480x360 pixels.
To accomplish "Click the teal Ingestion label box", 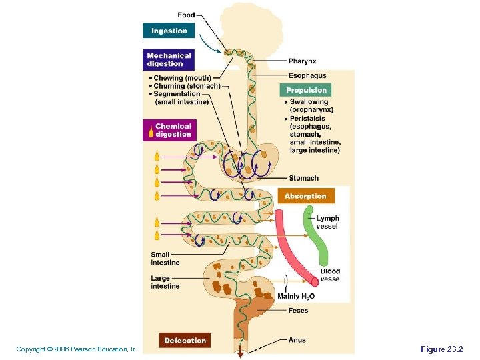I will click(169, 31).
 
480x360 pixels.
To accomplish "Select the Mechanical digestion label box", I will click(169, 60).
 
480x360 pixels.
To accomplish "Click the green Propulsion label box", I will click(305, 90).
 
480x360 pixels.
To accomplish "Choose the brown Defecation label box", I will click(185, 340).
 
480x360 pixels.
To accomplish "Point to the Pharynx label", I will click(302, 61).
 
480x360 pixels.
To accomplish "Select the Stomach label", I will click(303, 178).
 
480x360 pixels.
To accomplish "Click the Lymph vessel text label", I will click(327, 222).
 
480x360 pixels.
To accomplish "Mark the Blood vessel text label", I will click(331, 275).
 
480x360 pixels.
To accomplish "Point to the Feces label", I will click(298, 311).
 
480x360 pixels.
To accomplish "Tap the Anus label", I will click(297, 340).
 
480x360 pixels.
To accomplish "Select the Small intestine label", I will click(165, 259).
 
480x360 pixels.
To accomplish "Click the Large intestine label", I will click(165, 282).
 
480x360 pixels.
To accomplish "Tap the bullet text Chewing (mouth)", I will click(181, 78).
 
